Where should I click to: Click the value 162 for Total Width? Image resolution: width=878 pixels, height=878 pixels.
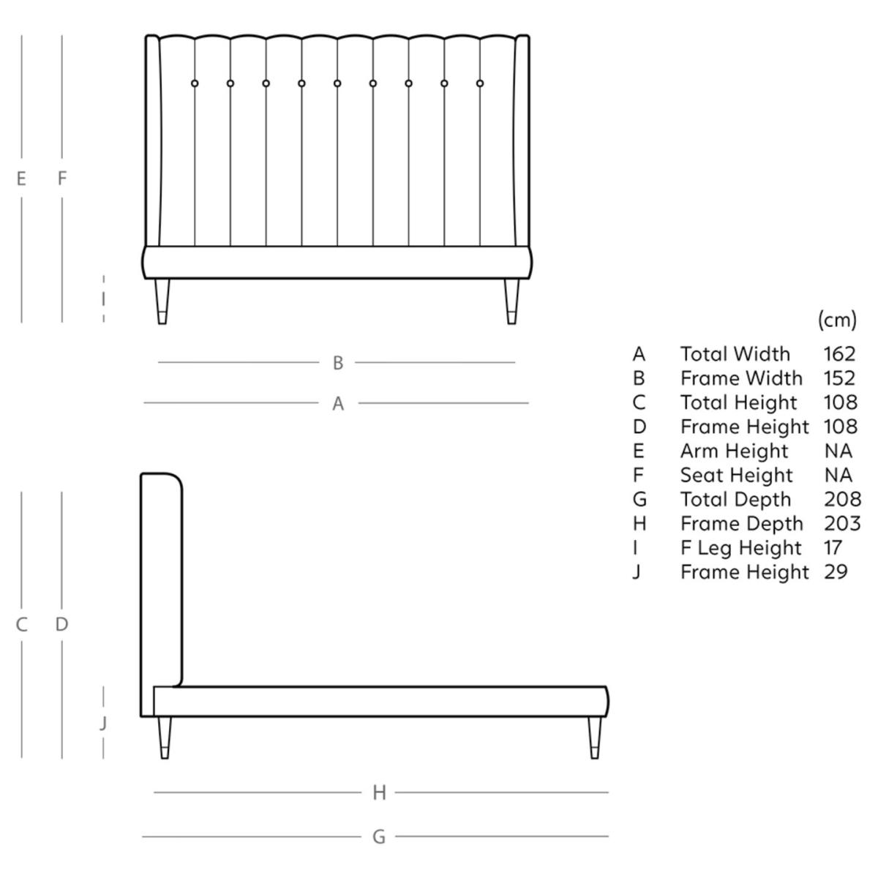838,354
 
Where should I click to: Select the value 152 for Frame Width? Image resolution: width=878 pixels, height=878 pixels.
838,378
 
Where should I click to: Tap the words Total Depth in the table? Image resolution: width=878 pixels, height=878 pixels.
735,500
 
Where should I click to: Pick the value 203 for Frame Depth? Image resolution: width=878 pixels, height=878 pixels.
841,524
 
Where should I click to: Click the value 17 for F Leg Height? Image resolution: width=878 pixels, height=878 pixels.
833,548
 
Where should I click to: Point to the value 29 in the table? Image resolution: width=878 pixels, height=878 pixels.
836,572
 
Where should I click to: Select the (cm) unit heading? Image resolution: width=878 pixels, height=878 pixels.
836,320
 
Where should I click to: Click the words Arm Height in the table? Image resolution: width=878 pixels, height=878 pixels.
734,451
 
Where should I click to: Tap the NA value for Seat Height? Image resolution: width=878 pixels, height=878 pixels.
838,476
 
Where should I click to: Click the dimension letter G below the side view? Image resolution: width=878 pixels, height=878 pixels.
378,837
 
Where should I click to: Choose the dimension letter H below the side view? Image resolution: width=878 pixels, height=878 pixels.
379,792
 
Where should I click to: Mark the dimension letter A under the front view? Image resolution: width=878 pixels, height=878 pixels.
337,403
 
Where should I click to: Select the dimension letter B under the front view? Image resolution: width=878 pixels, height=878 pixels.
337,363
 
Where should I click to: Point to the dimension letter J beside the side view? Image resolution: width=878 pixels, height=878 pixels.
103,724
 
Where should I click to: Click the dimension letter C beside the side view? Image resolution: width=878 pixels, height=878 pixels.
22,625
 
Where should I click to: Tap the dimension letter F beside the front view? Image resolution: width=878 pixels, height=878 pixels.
62,178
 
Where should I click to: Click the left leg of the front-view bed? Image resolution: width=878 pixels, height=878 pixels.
162,301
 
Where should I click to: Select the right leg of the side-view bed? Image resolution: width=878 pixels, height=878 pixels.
594,737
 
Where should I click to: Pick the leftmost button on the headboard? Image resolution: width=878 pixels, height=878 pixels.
195,83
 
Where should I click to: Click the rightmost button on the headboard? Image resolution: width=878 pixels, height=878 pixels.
480,83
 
